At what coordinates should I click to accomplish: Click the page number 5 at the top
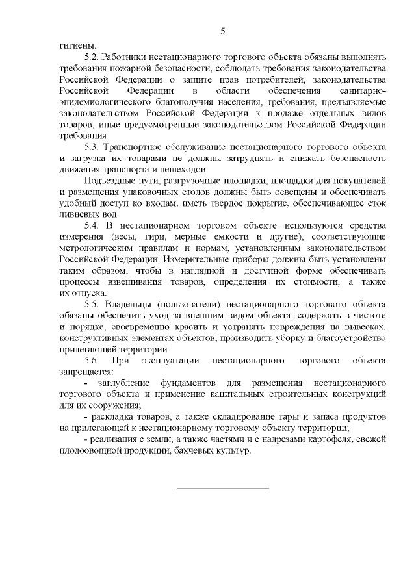point(223,31)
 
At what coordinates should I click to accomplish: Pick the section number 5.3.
point(93,147)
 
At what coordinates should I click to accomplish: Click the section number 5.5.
point(94,304)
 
